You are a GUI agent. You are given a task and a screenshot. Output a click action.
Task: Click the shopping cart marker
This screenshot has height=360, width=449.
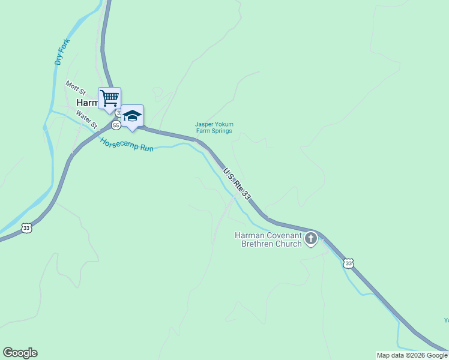(109, 98)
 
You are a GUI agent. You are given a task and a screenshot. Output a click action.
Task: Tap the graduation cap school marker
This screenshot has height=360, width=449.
(132, 116)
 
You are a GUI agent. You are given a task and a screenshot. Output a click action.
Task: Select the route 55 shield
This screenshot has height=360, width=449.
(115, 125)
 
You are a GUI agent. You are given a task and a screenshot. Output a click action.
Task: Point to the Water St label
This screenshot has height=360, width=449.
(87, 119)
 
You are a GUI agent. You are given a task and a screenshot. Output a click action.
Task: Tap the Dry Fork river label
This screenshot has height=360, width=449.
(62, 52)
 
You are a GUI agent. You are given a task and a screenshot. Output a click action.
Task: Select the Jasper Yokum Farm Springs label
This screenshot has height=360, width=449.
(214, 128)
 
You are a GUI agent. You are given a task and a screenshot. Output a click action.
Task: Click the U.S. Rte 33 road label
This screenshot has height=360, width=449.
(237, 184)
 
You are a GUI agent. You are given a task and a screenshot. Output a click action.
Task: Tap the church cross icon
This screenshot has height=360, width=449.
(311, 239)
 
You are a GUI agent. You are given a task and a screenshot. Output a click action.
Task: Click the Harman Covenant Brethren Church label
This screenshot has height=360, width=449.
(268, 239)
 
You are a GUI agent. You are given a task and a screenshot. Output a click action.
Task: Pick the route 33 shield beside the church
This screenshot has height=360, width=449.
(349, 263)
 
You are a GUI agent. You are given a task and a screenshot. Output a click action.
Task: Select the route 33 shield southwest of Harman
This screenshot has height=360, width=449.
(26, 227)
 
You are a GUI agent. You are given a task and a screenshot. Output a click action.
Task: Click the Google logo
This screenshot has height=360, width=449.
(20, 353)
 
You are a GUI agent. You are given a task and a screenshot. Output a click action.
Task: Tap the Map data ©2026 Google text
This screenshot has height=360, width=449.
(412, 355)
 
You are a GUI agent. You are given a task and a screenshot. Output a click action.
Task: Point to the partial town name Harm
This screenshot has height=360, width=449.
(86, 103)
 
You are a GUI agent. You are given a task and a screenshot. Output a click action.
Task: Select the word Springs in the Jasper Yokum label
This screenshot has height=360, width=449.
(221, 131)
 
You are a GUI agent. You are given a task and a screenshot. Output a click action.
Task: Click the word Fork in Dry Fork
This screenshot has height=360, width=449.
(64, 44)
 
